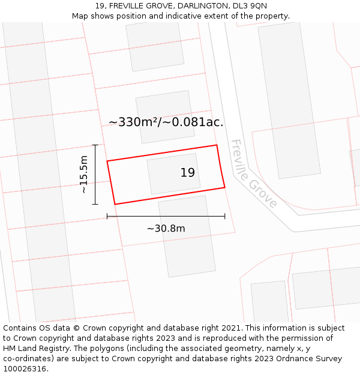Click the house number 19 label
[187, 173]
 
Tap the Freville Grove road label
[253, 174]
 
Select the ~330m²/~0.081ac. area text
[166, 122]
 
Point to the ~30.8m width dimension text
[166, 228]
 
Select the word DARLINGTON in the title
[197, 6]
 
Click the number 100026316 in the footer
[25, 369]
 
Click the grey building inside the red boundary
[164, 174]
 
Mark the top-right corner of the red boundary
[217, 145]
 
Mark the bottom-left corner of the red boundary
[115, 204]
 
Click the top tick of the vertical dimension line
[95, 145]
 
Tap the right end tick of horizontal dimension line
[225, 216]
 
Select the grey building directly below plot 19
[187, 236]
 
